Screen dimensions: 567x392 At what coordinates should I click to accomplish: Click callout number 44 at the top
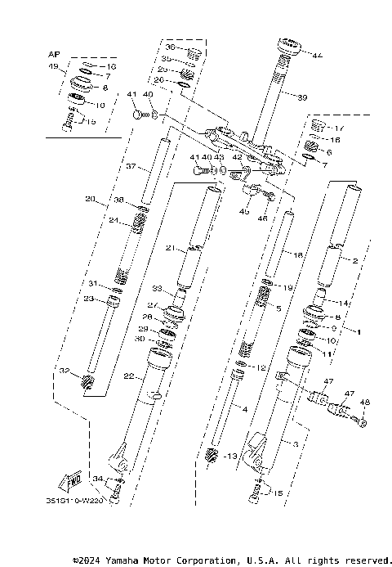tap(317, 55)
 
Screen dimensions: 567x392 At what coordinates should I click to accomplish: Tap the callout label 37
tap(131, 167)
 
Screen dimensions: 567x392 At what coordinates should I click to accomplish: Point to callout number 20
tap(90, 199)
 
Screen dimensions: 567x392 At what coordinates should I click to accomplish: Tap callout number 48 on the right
tap(365, 402)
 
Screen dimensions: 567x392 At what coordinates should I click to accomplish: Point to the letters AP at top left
tap(55, 53)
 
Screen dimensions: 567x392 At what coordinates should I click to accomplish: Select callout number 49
tap(55, 65)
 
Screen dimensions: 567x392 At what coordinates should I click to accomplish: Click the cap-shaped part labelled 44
tap(290, 45)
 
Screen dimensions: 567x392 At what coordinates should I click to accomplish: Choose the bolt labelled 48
tap(361, 421)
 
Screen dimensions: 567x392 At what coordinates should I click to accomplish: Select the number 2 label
tap(355, 260)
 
